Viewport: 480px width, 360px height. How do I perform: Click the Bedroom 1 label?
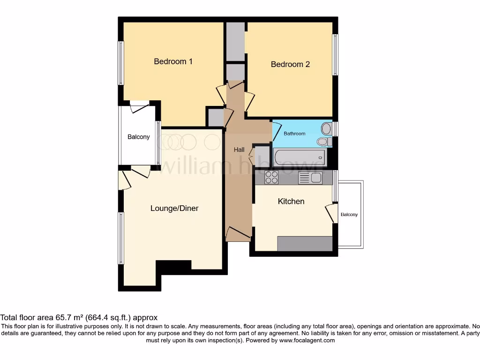173,61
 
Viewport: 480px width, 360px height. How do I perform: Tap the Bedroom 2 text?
290,64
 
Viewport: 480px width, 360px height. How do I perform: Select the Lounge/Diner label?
174,208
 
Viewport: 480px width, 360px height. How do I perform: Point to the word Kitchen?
291,201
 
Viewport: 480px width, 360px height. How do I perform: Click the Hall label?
239,150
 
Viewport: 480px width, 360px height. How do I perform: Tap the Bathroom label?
294,134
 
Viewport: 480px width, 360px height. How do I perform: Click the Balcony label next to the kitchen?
349,215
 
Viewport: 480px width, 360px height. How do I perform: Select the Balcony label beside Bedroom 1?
139,137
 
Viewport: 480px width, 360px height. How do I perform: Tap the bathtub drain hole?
322,158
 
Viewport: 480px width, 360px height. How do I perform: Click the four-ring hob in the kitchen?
271,177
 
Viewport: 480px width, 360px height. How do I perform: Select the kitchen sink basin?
316,178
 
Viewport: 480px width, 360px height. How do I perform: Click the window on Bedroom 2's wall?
335,54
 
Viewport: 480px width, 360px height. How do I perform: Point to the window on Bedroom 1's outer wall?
121,63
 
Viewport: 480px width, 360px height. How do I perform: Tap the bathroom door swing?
277,129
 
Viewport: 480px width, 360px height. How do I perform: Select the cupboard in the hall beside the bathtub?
262,155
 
